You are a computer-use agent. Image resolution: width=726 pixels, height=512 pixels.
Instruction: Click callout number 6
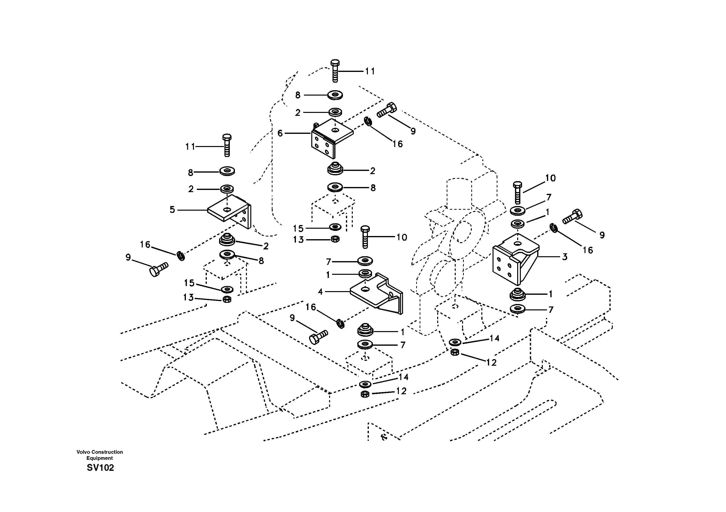(x=280, y=133)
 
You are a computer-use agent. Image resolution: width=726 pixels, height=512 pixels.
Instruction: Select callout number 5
(x=172, y=209)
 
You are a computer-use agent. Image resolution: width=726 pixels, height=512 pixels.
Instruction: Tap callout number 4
(x=320, y=292)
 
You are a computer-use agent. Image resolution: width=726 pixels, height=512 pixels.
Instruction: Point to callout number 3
(x=565, y=257)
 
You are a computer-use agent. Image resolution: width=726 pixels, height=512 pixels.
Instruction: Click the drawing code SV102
(x=100, y=468)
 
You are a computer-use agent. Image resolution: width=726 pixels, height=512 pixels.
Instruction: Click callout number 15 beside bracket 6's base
(x=298, y=228)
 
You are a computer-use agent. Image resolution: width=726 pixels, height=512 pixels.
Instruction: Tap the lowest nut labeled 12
(x=364, y=394)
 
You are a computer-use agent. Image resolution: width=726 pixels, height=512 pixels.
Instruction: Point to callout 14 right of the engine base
(x=494, y=338)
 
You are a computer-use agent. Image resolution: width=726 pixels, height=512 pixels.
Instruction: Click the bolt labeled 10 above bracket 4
(x=365, y=237)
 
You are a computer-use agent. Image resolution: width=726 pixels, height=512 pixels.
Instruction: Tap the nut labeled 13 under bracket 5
(x=227, y=299)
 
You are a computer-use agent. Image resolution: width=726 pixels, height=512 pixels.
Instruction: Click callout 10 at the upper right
(x=550, y=178)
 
